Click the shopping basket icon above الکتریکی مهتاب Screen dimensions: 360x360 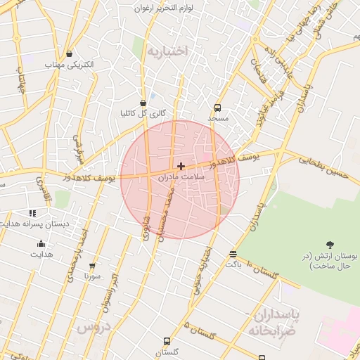point(69,53)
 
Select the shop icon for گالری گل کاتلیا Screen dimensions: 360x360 point(143,103)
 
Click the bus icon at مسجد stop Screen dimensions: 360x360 point(217,108)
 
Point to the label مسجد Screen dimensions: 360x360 point(218,119)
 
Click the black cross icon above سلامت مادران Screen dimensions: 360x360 point(181,167)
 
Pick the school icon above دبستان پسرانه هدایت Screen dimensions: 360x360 point(32,212)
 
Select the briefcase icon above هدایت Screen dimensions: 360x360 point(40,244)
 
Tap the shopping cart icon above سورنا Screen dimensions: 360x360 point(92,266)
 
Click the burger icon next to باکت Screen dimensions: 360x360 point(233,254)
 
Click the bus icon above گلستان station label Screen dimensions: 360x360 point(167,342)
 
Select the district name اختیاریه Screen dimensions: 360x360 point(168,51)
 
